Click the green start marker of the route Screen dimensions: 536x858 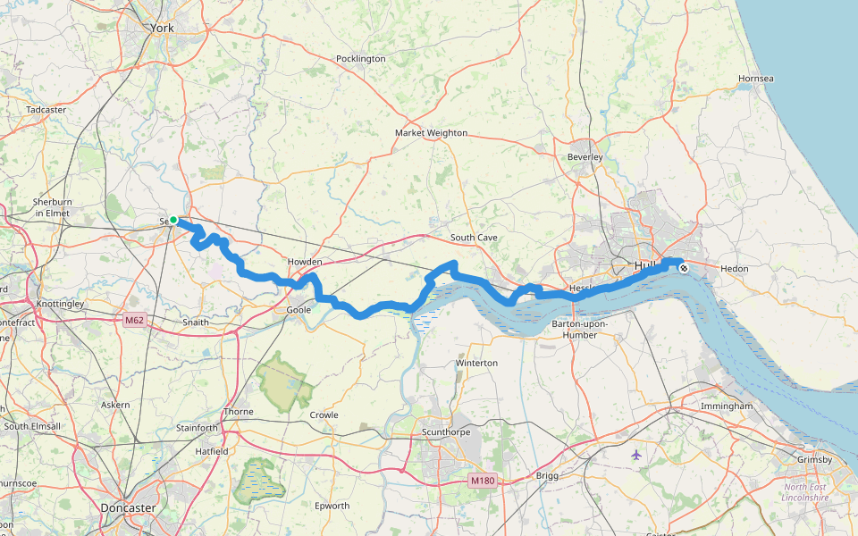173,220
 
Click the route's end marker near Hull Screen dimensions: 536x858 684,267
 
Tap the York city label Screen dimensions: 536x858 163,29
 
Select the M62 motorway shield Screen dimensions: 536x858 135,321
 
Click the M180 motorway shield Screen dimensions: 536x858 482,481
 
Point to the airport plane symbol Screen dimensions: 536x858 635,455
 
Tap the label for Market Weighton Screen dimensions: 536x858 431,133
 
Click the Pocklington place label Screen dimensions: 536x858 360,59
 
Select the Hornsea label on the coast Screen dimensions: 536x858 756,79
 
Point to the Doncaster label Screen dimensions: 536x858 129,508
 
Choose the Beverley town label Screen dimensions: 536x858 585,157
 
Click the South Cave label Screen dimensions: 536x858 474,238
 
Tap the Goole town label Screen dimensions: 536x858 298,310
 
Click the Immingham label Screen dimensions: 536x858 727,406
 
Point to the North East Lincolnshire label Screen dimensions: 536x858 806,492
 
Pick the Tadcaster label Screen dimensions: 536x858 46,110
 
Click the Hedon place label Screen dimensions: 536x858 734,268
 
